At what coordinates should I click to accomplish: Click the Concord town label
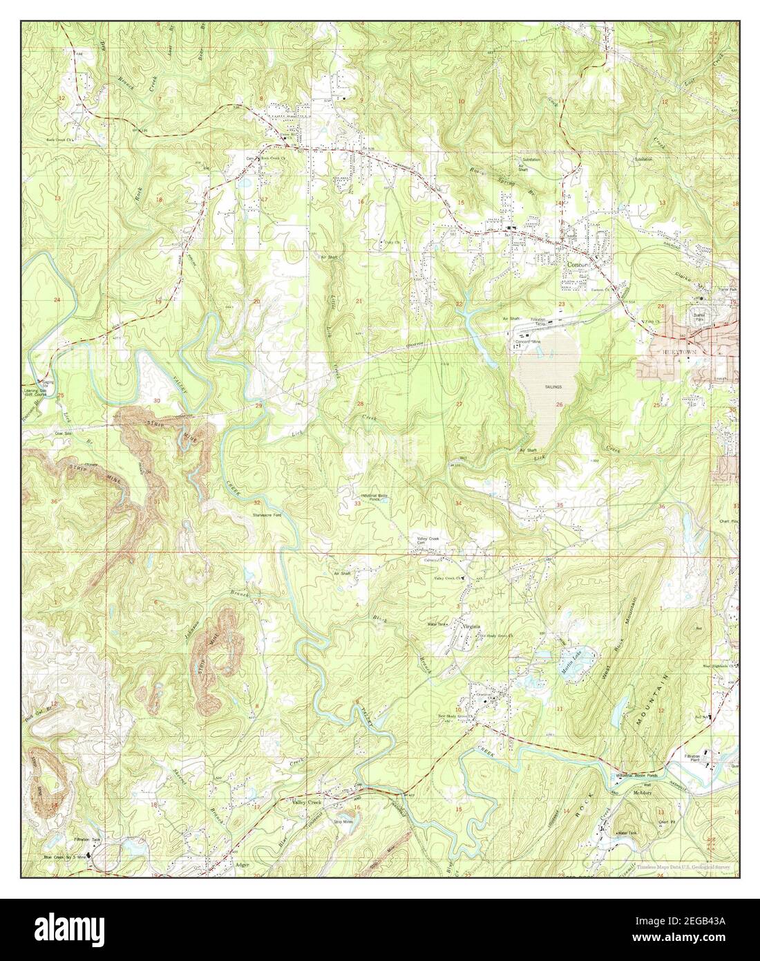point(576,264)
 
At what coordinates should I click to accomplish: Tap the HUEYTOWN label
point(681,352)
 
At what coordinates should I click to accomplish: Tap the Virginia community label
point(471,626)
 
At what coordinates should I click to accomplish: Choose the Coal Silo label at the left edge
point(35,435)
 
